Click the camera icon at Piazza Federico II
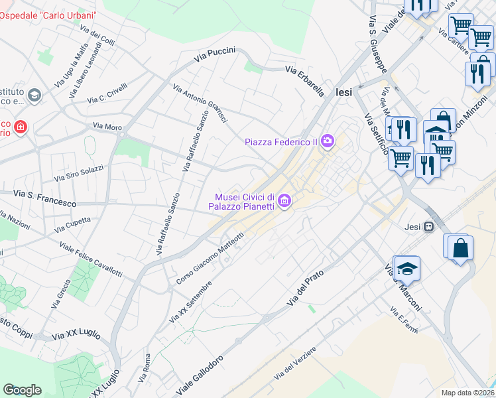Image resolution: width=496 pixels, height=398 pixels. pos(327,141)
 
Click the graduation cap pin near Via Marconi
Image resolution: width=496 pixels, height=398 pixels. pos(408,267)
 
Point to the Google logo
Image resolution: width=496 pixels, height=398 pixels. pos(22,390)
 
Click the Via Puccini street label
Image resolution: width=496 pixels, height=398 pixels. pos(215,56)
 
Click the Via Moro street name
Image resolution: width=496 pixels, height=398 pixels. pos(107,125)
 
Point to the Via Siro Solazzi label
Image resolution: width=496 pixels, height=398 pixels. pos(78,173)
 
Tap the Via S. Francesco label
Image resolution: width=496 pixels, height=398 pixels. pos(44,197)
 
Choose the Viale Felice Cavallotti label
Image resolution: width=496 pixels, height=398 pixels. pos(91,259)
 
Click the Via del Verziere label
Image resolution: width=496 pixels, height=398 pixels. pos(295,364)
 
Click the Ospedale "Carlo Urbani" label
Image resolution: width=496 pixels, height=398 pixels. pos(48,15)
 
